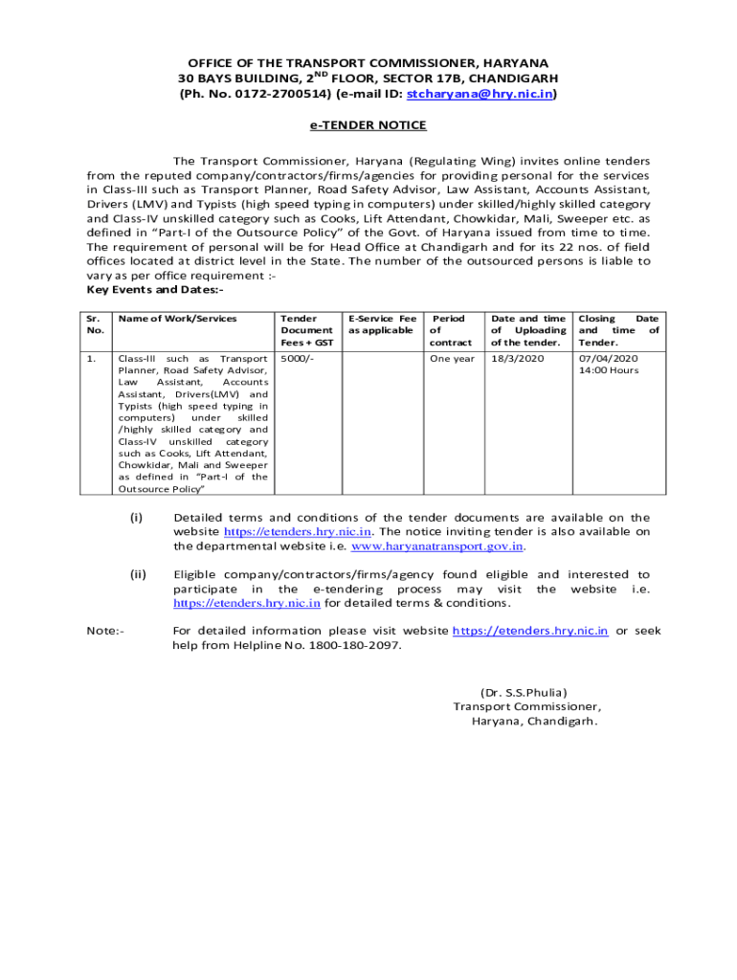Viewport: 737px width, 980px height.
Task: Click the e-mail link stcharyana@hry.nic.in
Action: click(480, 95)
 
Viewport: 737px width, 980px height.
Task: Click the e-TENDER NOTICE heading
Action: click(368, 125)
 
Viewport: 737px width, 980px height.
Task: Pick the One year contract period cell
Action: click(452, 359)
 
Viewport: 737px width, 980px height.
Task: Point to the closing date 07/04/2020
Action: click(608, 359)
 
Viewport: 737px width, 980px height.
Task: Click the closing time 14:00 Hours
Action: click(609, 370)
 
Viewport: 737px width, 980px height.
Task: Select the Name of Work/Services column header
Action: click(177, 319)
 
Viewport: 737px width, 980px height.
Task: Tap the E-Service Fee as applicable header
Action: click(382, 324)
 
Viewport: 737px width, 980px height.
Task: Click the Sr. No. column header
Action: click(93, 324)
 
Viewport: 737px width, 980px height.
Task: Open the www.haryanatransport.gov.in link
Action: click(437, 546)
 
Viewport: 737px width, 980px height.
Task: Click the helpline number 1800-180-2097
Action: click(354, 645)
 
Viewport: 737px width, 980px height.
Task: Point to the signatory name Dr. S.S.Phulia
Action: click(524, 692)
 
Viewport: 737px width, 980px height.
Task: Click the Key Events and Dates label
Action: click(155, 290)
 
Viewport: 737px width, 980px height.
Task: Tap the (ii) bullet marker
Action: click(138, 575)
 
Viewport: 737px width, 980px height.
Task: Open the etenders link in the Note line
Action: click(529, 631)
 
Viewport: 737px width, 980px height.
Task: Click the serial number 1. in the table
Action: click(91, 359)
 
